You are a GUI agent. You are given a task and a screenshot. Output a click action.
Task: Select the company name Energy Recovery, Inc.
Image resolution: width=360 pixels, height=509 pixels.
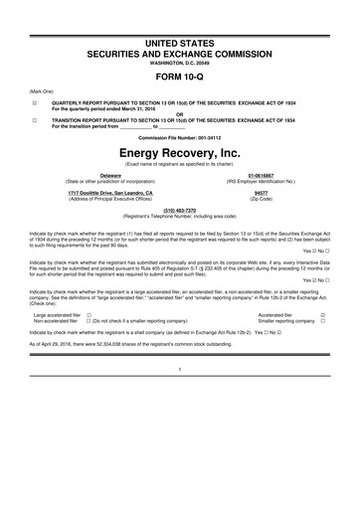pyautogui.click(x=179, y=154)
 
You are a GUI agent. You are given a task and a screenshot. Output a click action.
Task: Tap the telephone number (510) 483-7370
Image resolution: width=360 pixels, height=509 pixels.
pyautogui.click(x=179, y=210)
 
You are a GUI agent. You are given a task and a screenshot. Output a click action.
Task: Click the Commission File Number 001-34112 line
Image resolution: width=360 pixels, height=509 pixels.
pyautogui.click(x=179, y=136)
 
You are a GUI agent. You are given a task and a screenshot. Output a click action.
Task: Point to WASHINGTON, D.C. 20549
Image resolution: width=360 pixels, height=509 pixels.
pyautogui.click(x=179, y=36)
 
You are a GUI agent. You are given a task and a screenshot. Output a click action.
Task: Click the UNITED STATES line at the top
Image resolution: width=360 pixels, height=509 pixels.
pyautogui.click(x=179, y=15)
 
